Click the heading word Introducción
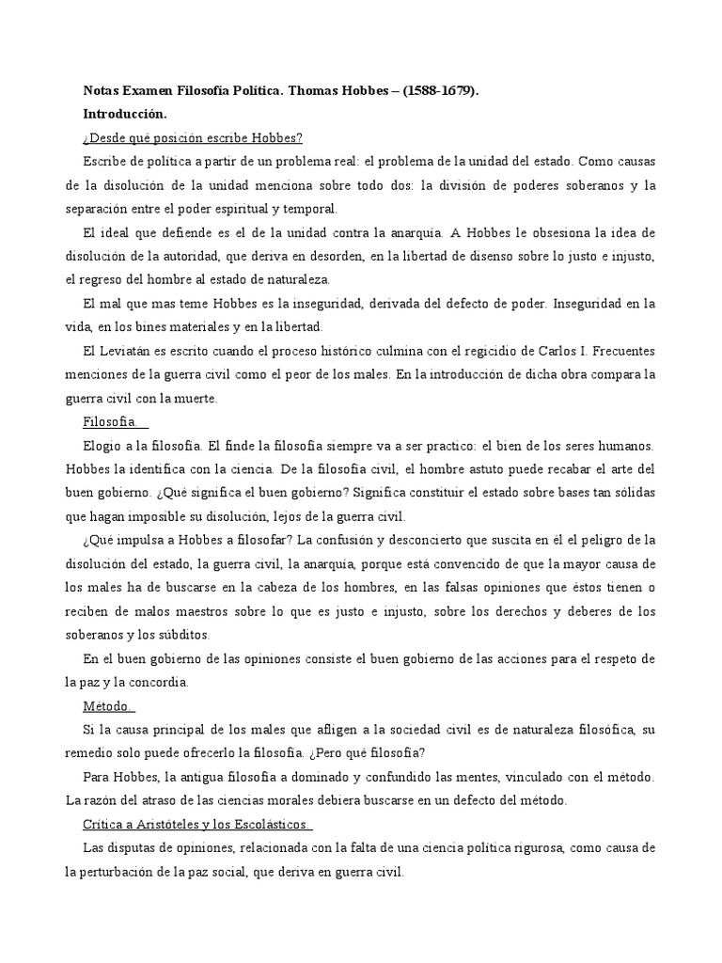pyautogui.click(x=124, y=115)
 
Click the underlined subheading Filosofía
pyautogui.click(x=109, y=421)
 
